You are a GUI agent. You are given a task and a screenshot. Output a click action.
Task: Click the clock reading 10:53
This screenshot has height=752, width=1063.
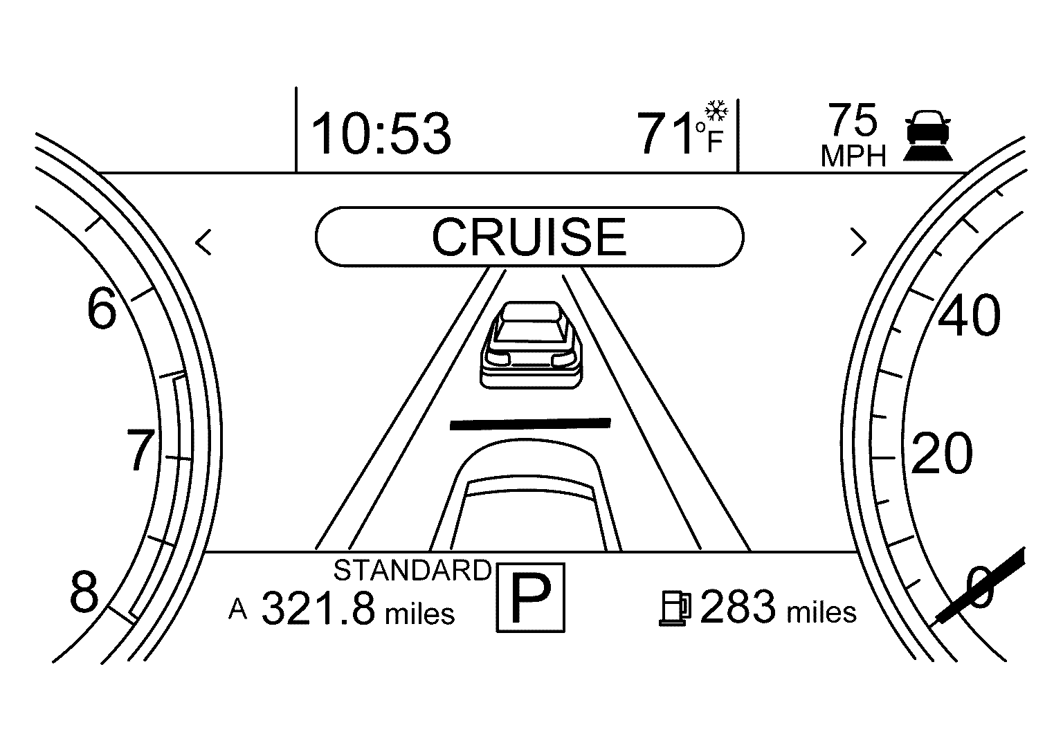pyautogui.click(x=381, y=134)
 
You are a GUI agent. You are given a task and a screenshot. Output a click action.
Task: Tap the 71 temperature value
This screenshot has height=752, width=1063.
pyautogui.click(x=665, y=134)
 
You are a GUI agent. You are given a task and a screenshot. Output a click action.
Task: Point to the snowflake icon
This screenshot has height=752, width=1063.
pyautogui.click(x=716, y=111)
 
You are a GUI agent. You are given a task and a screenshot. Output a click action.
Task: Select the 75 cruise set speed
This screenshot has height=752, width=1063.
pyautogui.click(x=853, y=120)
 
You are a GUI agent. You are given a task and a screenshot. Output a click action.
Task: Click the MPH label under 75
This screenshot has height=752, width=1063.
pyautogui.click(x=853, y=156)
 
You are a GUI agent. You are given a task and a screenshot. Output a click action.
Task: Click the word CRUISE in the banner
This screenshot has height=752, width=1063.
pyautogui.click(x=529, y=237)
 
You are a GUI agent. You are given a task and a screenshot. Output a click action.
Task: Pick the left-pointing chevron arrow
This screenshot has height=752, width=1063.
pyautogui.click(x=203, y=242)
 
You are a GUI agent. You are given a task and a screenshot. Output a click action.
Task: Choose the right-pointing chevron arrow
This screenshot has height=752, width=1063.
pyautogui.click(x=858, y=242)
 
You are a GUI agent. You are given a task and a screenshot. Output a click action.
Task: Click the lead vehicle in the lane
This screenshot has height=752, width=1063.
pyautogui.click(x=531, y=345)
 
